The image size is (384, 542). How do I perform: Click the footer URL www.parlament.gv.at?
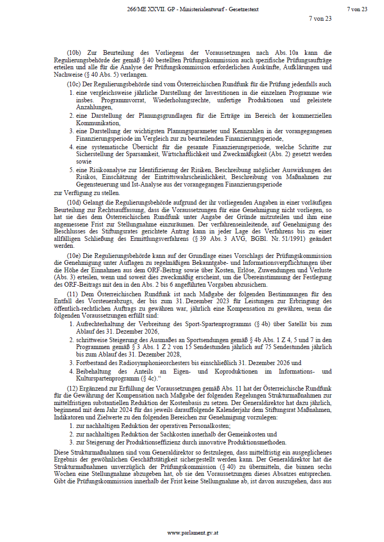point(192,532)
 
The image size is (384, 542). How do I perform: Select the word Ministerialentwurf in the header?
point(197,9)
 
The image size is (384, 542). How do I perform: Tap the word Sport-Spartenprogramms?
point(189,323)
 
